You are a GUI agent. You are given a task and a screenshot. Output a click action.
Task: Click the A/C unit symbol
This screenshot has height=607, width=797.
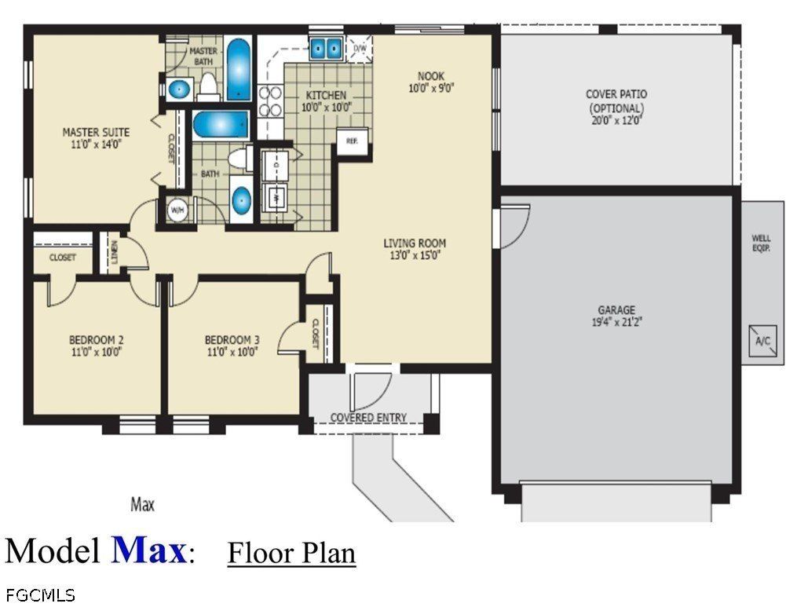[x=762, y=338]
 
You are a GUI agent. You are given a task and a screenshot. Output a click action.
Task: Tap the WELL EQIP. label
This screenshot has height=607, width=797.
[x=761, y=242]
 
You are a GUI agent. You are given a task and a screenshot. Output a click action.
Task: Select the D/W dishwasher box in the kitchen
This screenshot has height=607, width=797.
[x=360, y=49]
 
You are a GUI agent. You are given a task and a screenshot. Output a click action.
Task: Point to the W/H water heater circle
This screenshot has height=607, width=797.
[x=176, y=210]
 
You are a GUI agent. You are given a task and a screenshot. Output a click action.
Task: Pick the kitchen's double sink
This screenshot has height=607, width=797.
[x=325, y=49]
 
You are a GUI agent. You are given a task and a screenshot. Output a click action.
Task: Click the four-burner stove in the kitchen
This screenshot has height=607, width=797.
[x=270, y=101]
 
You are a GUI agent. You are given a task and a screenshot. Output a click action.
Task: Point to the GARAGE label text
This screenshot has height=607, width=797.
[x=616, y=310]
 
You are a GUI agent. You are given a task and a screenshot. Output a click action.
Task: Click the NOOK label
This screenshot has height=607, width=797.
[x=431, y=76]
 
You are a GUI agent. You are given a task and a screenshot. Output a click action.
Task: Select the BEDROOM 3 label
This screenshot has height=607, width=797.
[x=232, y=339]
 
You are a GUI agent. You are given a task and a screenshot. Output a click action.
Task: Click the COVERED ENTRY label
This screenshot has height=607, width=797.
[x=368, y=418]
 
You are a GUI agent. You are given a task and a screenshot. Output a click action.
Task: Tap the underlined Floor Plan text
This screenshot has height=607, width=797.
[x=291, y=552]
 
